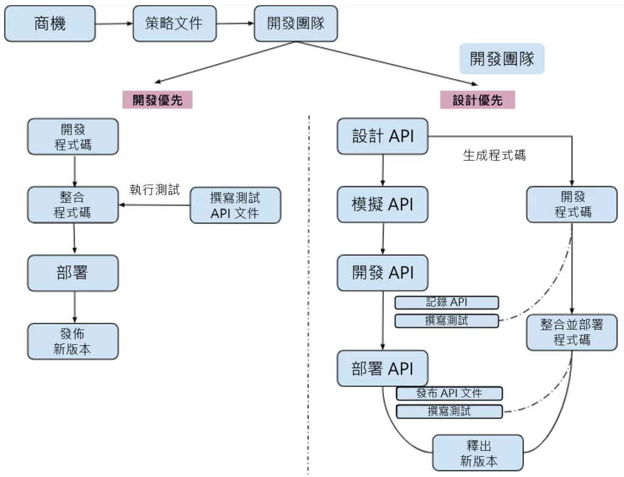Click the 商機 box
click(x=50, y=24)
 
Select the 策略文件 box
click(x=175, y=24)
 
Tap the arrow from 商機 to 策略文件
click(x=114, y=24)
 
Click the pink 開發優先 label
click(x=157, y=100)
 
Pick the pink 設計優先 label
click(x=478, y=100)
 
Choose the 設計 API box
click(x=383, y=136)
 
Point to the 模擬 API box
click(x=383, y=204)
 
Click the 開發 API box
click(x=383, y=272)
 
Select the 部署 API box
click(x=383, y=368)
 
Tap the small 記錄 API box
click(x=447, y=302)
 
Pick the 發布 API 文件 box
click(x=449, y=393)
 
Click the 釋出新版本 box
click(x=478, y=453)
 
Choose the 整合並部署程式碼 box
click(x=572, y=332)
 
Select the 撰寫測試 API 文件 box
click(x=235, y=205)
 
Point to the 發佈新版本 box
click(x=73, y=341)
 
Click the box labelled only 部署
click(x=73, y=273)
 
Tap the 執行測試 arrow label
click(x=155, y=189)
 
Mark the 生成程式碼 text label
click(x=494, y=155)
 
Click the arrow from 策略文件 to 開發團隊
click(x=235, y=24)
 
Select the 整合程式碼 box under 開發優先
click(x=73, y=205)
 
